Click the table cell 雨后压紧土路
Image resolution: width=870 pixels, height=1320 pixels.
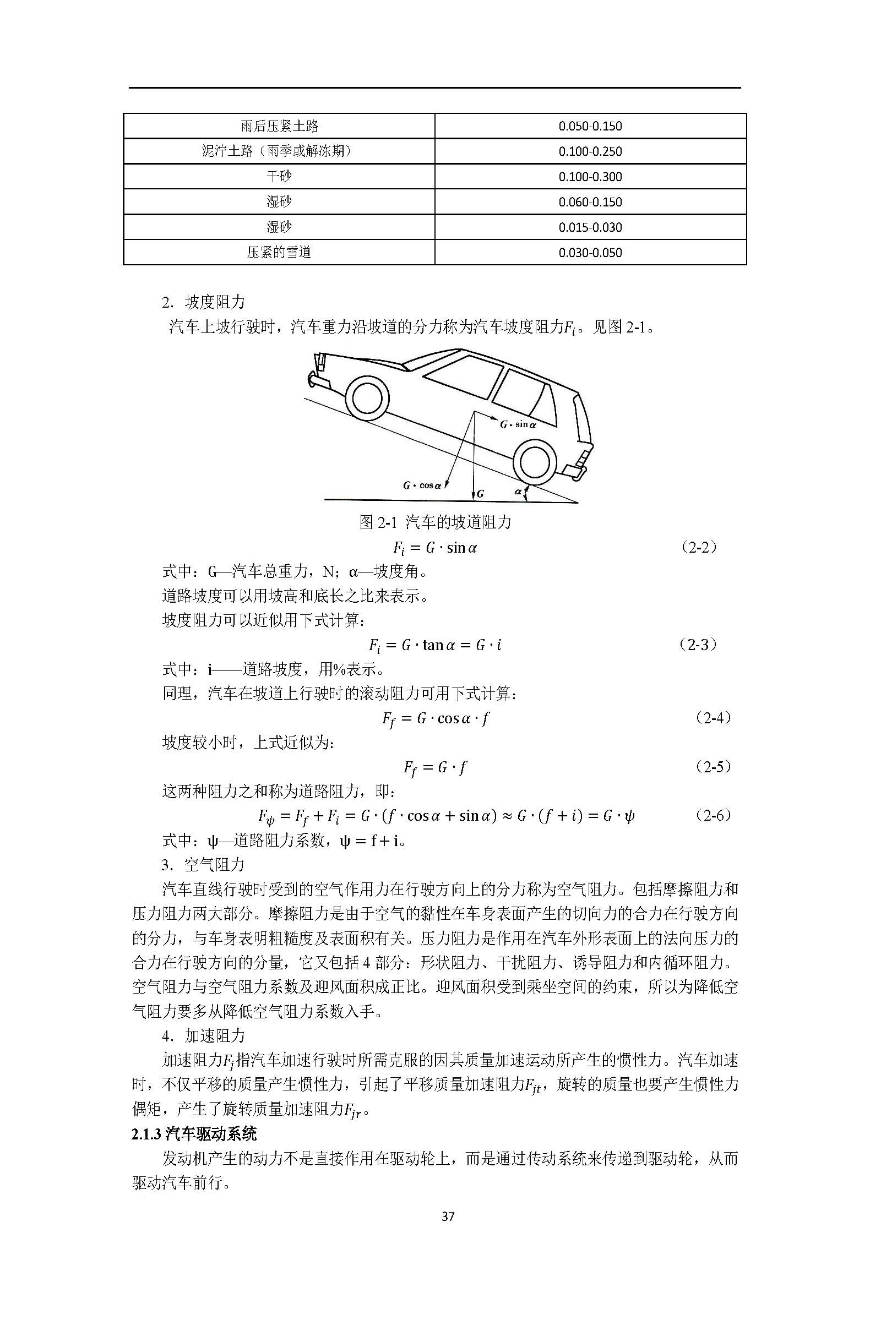click(279, 126)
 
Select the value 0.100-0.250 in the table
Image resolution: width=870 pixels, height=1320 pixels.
click(590, 151)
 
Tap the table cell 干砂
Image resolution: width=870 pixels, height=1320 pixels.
click(279, 176)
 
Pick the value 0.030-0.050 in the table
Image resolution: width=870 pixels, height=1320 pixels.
click(590, 253)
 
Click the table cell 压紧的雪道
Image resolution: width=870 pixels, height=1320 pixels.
click(279, 252)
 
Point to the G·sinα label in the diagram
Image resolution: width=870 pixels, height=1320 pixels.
click(518, 425)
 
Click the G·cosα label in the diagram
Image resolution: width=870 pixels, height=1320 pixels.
click(422, 486)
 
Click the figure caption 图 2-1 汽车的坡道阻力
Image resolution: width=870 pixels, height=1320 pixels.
click(435, 522)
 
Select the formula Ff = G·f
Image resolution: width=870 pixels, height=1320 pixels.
click(435, 767)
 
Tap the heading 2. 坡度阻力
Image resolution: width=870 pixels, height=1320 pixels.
click(203, 302)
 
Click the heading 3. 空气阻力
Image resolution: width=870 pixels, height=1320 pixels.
click(203, 865)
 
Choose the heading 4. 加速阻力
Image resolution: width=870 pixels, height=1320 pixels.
click(203, 1035)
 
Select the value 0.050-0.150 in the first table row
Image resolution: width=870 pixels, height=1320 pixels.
click(590, 127)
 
